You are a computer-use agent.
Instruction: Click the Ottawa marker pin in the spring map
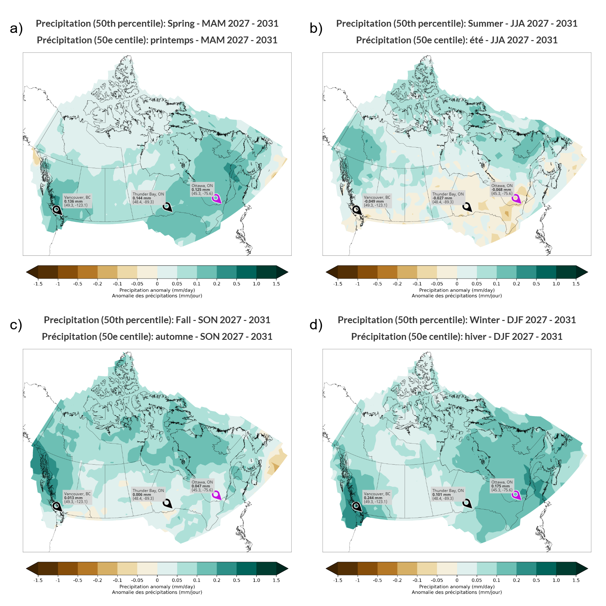click(216, 198)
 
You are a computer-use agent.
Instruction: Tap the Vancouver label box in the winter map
click(377, 498)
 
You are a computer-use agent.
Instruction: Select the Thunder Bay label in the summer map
click(448, 198)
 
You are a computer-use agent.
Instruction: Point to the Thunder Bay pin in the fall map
click(167, 503)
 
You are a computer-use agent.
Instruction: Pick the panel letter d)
click(316, 325)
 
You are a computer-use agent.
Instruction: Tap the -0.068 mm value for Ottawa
click(501, 190)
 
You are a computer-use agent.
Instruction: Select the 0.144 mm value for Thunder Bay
click(142, 198)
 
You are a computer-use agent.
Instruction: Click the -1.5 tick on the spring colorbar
click(38, 284)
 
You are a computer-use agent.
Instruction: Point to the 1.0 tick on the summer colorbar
click(556, 284)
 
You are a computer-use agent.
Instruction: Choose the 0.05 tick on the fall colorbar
click(177, 580)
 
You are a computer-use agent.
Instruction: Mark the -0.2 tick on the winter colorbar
click(397, 580)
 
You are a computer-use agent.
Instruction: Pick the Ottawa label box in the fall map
click(202, 486)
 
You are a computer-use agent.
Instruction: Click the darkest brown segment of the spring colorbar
click(48, 272)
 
